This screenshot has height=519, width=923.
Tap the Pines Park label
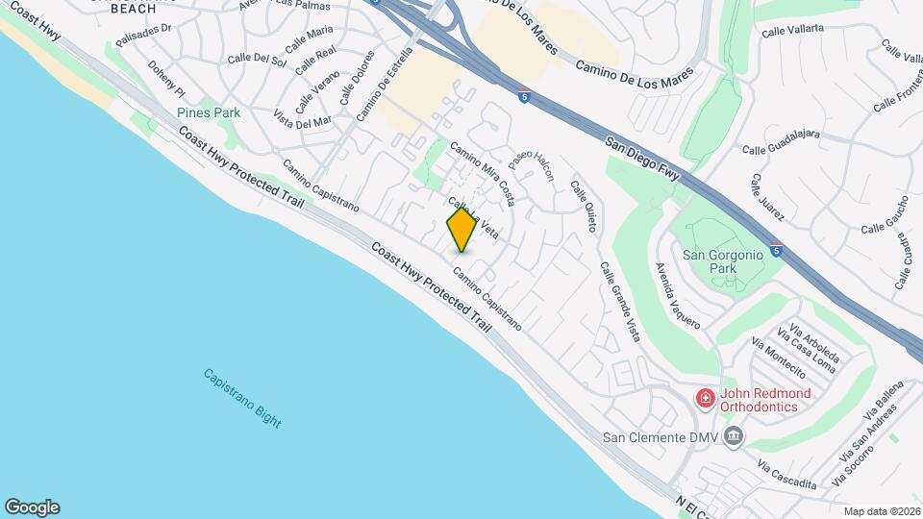click(x=209, y=112)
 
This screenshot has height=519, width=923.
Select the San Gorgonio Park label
click(x=722, y=261)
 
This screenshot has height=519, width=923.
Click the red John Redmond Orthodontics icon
click(x=706, y=399)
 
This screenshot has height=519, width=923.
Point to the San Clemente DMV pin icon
click(x=734, y=438)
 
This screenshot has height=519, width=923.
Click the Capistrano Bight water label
click(x=242, y=398)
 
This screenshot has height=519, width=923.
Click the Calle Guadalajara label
click(x=781, y=142)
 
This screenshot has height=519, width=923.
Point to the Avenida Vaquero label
click(x=678, y=296)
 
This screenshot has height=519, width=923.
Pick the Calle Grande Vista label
click(x=619, y=303)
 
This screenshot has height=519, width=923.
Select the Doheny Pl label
click(x=165, y=83)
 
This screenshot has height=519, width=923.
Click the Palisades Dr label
click(x=142, y=36)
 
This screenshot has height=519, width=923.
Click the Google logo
click(x=32, y=507)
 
